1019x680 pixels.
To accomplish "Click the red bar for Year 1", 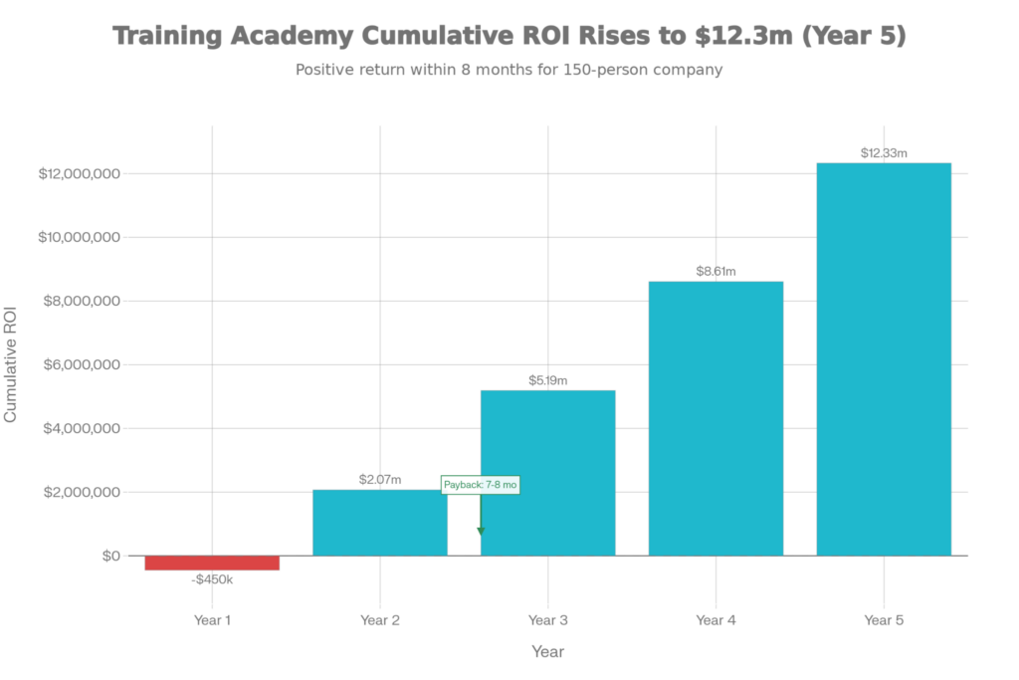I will click(212, 564).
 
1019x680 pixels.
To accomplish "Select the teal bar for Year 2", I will click(380, 523).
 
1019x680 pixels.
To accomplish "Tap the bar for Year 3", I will click(548, 473).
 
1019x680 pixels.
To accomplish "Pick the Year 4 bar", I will click(716, 418).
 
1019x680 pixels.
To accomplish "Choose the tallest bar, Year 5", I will click(884, 358).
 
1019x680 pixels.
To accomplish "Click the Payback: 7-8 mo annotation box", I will click(481, 485).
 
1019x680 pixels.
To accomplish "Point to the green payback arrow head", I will click(481, 531).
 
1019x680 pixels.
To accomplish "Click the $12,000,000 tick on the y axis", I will click(79, 174).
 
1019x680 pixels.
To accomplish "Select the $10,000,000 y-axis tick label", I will click(79, 238).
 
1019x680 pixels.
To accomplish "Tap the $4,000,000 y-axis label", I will click(79, 429).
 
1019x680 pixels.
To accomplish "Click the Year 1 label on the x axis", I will click(212, 620).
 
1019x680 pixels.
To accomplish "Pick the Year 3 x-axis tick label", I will click(548, 620).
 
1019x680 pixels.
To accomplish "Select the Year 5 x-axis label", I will click(884, 620).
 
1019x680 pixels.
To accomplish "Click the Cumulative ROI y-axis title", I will click(11, 365).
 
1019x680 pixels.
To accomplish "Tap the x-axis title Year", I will click(547, 653).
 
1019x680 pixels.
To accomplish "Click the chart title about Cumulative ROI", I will click(509, 37).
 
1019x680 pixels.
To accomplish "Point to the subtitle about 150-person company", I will click(509, 71).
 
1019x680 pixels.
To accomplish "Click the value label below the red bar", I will click(212, 578).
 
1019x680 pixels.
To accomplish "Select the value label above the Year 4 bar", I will click(715, 271).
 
